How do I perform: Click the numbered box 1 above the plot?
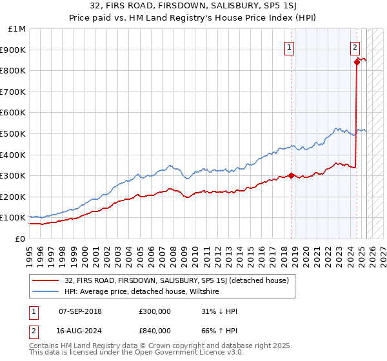pyautogui.click(x=289, y=46)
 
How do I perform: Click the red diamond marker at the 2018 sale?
pyautogui.click(x=292, y=175)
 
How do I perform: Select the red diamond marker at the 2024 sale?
pyautogui.click(x=357, y=62)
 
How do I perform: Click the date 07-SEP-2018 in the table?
pyautogui.click(x=80, y=311)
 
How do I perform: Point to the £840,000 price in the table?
pyautogui.click(x=154, y=330)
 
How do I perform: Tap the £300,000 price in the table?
pyautogui.click(x=154, y=311)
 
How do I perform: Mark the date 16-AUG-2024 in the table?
pyautogui.click(x=80, y=330)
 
